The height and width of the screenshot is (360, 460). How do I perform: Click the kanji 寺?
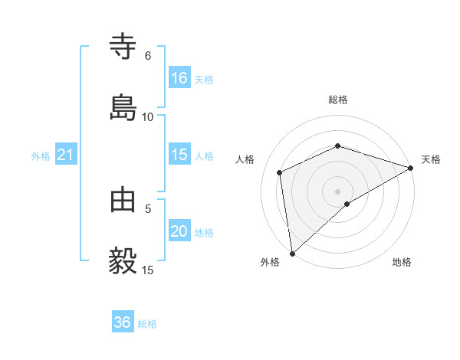click(x=123, y=47)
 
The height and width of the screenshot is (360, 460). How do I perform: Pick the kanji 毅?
click(x=123, y=261)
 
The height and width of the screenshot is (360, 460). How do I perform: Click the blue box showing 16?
click(x=179, y=78)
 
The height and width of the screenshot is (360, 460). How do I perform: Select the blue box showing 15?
click(x=179, y=155)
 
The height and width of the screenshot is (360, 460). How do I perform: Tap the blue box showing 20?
click(x=179, y=231)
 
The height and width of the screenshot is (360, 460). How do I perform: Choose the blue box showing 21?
click(x=66, y=155)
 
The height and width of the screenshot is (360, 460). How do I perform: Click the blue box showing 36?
click(x=123, y=322)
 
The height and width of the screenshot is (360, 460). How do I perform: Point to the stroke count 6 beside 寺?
click(x=148, y=56)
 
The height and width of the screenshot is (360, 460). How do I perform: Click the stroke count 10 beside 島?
click(x=148, y=116)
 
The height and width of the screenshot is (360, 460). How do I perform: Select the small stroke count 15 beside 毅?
click(x=148, y=270)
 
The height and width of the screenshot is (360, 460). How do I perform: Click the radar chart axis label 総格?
click(x=338, y=100)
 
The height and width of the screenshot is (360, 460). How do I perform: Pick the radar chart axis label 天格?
click(x=431, y=159)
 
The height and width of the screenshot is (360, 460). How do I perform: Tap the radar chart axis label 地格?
click(x=402, y=262)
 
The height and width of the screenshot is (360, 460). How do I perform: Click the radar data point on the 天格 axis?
click(x=411, y=169)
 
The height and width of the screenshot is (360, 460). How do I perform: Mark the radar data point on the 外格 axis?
click(x=292, y=253)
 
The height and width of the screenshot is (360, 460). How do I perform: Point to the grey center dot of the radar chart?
click(x=338, y=191)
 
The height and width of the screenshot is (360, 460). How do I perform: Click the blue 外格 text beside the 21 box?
click(x=41, y=156)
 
